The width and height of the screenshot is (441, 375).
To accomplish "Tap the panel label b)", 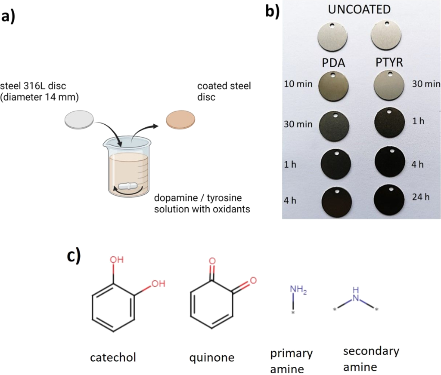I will (272, 10).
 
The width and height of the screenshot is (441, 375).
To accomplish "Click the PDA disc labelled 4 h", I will (336, 201).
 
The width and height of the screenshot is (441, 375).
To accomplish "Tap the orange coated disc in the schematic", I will (181, 118).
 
